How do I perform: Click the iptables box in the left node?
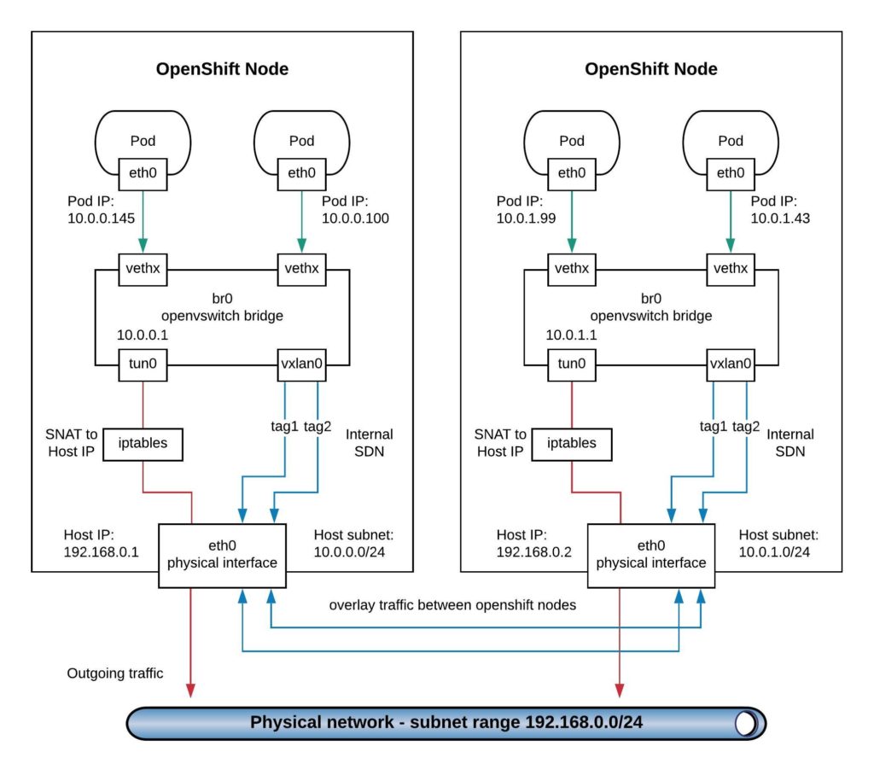[142, 443]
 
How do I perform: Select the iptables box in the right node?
[571, 443]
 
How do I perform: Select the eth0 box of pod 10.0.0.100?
[301, 173]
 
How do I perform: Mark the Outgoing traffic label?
[115, 673]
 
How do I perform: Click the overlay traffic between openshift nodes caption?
[452, 605]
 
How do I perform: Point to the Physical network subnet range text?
[446, 722]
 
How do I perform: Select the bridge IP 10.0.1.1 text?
[572, 335]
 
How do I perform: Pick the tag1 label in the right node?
[714, 427]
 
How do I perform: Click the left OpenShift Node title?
[222, 69]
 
